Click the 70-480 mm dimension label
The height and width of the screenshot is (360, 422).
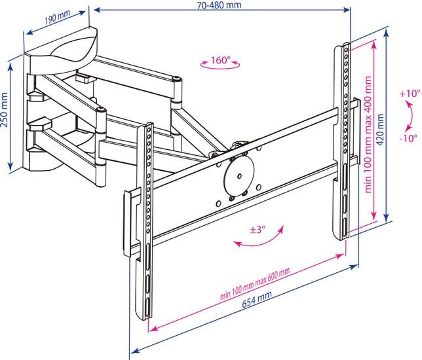(x=219, y=5)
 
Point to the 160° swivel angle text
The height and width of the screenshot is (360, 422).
(x=220, y=60)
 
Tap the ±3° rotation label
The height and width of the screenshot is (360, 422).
(x=257, y=230)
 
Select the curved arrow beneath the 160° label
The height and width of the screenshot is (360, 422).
(x=220, y=67)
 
